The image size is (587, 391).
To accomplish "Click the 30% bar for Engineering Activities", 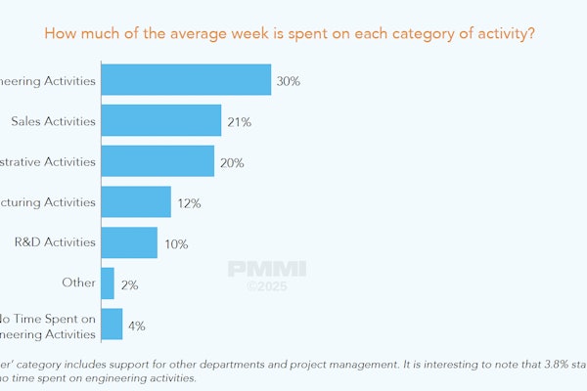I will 186,80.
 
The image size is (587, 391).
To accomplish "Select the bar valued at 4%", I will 112,325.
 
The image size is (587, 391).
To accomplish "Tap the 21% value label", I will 240,122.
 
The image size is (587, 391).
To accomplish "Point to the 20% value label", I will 232,162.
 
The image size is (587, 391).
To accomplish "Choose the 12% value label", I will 189,203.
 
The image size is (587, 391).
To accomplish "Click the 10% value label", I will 175,243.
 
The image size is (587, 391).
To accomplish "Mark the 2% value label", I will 129,284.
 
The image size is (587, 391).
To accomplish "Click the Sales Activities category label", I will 53,121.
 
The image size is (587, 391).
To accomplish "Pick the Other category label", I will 79,283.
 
